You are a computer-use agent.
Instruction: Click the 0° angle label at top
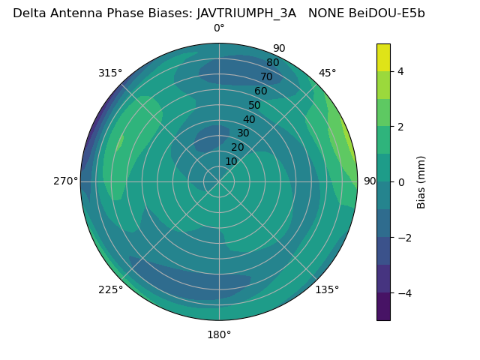[219, 28]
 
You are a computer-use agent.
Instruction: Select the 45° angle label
[327, 73]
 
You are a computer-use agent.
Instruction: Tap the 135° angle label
[327, 289]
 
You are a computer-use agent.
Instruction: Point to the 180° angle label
[219, 334]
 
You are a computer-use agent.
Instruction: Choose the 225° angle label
[110, 289]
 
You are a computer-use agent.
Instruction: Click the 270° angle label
[66, 181]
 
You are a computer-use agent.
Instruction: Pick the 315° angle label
[110, 73]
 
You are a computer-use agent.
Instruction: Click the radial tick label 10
[231, 161]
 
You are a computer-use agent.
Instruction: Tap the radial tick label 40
[249, 119]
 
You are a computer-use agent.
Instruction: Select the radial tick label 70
[267, 76]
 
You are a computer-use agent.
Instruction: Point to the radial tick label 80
[272, 62]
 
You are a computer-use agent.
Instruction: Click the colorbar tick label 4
[400, 71]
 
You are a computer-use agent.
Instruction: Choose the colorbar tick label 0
[400, 181]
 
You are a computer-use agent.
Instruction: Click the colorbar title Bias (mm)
[421, 181]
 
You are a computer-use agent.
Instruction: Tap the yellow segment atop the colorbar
[383, 57]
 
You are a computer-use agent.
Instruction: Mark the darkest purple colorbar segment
[383, 306]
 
